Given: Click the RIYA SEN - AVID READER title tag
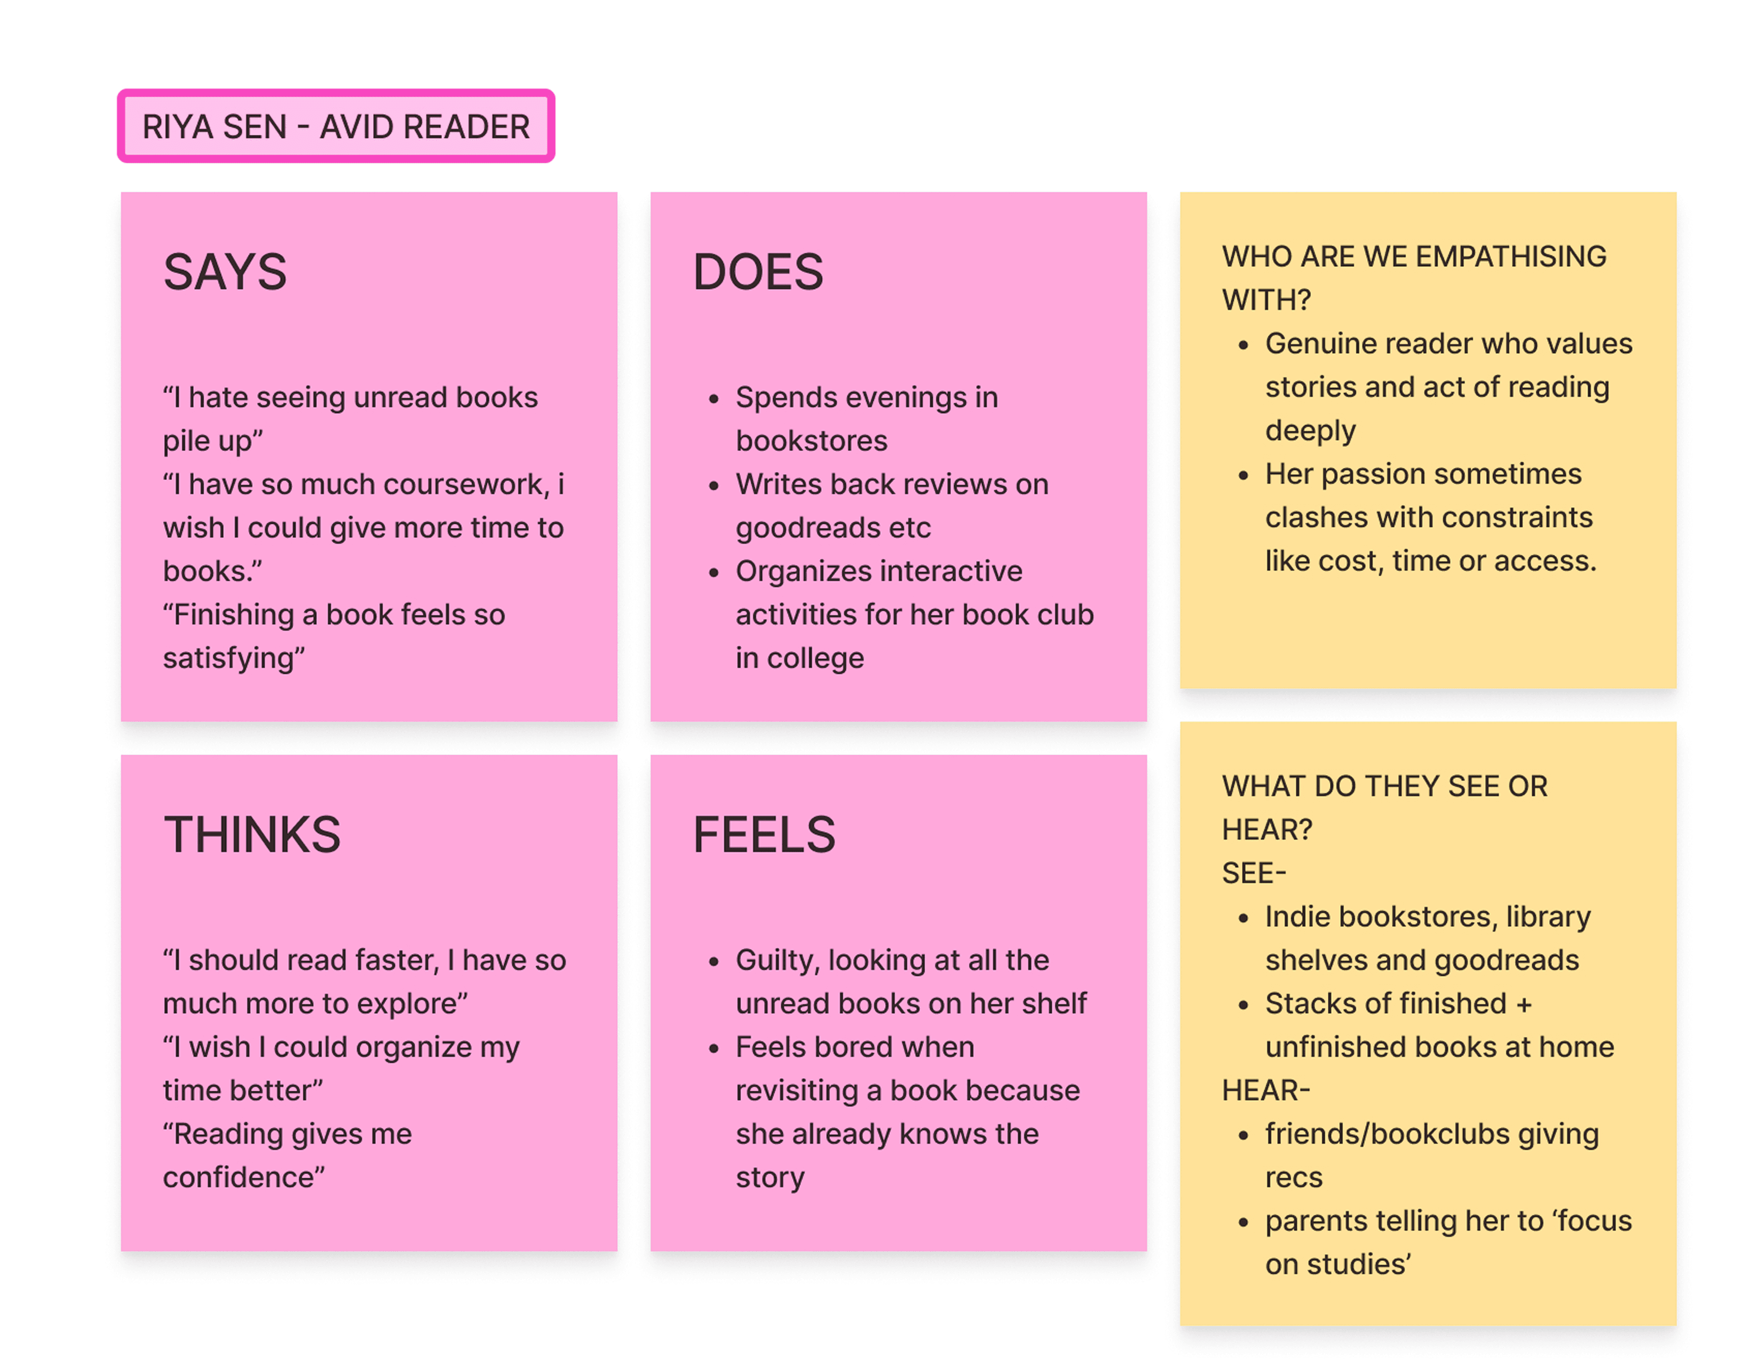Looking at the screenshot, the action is coord(335,126).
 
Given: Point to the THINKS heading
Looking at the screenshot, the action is coord(252,834).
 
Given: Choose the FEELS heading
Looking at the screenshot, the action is coord(764,834).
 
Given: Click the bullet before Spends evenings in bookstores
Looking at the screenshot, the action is coord(714,399).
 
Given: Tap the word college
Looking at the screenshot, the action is coord(816,658).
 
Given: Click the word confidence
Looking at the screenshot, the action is coord(239,1178).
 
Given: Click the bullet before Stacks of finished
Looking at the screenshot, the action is coord(1244,1005).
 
